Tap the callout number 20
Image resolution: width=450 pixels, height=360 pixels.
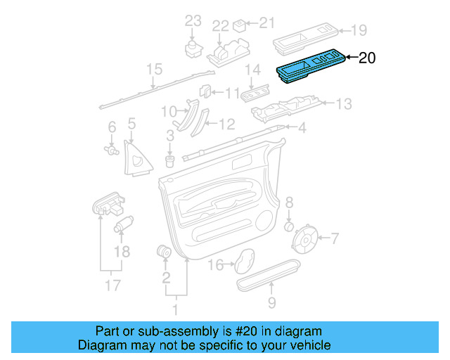[x=367, y=58]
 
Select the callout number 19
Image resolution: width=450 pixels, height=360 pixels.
[x=359, y=30]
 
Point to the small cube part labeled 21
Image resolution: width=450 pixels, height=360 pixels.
[x=240, y=25]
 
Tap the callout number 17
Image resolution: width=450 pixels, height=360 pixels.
[x=110, y=285]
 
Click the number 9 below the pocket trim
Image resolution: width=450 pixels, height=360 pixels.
[x=271, y=303]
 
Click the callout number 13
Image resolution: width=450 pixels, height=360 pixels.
[x=342, y=105]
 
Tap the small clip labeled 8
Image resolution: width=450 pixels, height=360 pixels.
[x=288, y=226]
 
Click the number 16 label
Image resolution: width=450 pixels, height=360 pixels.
[x=216, y=264]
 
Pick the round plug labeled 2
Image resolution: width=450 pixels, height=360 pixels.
[x=165, y=251]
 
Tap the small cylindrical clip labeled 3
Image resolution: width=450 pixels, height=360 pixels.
[x=169, y=160]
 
